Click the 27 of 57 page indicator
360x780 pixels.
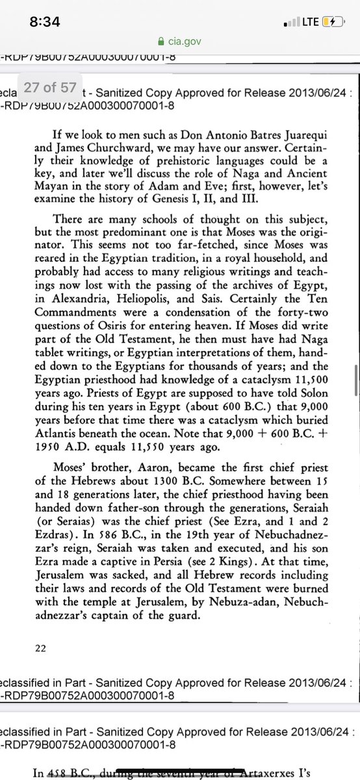click(51, 86)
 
